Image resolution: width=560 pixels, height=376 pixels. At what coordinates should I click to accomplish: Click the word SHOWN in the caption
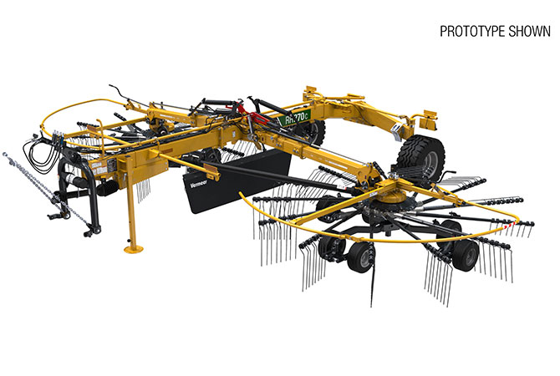[x=529, y=32]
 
